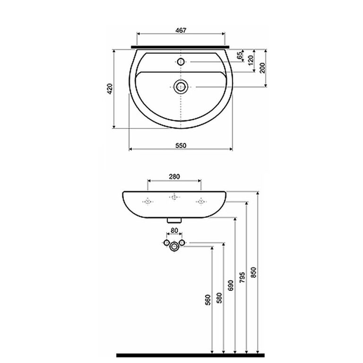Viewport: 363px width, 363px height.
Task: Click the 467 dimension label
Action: (x=181, y=30)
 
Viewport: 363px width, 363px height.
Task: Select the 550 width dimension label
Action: (x=181, y=145)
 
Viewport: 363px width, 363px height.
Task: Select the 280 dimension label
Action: (x=174, y=177)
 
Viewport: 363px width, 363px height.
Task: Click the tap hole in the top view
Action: (x=181, y=61)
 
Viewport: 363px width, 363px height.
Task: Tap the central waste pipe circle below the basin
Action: (x=175, y=246)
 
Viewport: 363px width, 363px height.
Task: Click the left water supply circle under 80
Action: (x=166, y=242)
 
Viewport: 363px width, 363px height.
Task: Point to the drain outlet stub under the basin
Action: (x=175, y=220)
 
